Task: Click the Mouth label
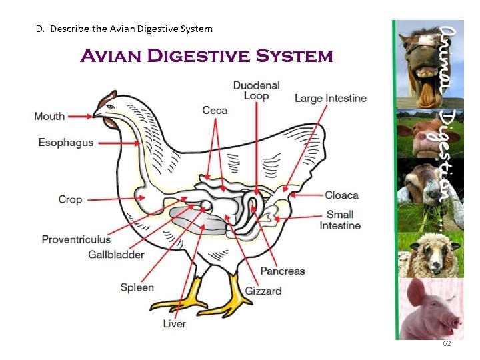click(x=49, y=116)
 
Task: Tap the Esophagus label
click(x=65, y=143)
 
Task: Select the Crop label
click(x=70, y=199)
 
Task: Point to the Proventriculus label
click(x=76, y=239)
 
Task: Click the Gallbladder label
click(x=116, y=254)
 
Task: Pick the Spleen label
click(x=137, y=288)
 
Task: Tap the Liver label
click(x=175, y=324)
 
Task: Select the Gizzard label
click(x=263, y=291)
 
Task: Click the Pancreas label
click(x=282, y=271)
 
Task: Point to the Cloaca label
click(x=341, y=195)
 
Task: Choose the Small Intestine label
click(x=340, y=220)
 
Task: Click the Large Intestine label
click(x=331, y=99)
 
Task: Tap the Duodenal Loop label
click(x=256, y=91)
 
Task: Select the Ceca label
click(x=215, y=110)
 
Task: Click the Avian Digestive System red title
click(x=206, y=55)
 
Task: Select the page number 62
click(x=447, y=343)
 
